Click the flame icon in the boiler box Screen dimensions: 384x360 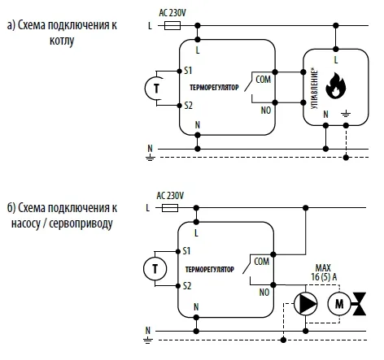335,85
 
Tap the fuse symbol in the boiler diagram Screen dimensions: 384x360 172,26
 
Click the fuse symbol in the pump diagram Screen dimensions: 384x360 170,208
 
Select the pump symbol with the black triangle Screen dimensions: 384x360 306,304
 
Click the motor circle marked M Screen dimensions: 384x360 339,304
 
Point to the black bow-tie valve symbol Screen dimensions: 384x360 360,304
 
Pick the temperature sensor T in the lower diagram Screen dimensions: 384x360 155,269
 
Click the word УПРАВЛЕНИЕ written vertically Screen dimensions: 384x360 314,89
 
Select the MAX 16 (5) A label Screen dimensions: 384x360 324,272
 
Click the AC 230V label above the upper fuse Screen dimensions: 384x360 172,13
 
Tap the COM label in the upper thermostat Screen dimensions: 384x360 263,80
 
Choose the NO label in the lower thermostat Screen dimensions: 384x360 264,293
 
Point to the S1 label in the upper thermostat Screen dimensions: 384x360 188,71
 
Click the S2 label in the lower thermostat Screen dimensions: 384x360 187,286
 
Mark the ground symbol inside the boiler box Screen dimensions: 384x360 346,114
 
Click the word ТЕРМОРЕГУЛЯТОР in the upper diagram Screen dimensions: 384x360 214,88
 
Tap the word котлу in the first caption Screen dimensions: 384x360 62,41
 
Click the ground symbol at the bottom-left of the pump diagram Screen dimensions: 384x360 148,340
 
